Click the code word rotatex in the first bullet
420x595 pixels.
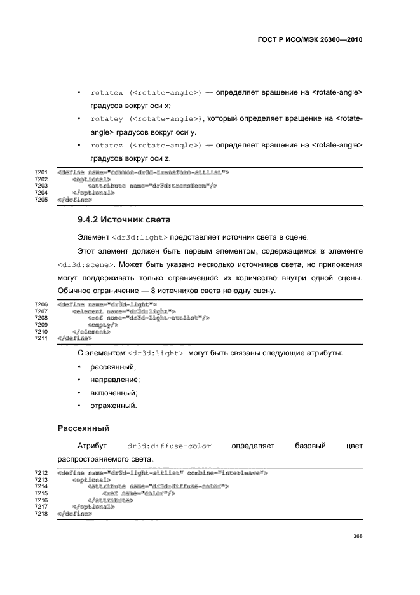[x=107, y=93]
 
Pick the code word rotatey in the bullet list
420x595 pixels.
[x=107, y=119]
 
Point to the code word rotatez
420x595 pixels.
[x=107, y=146]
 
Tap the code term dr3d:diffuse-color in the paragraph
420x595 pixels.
[x=169, y=446]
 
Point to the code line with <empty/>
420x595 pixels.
[x=102, y=324]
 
